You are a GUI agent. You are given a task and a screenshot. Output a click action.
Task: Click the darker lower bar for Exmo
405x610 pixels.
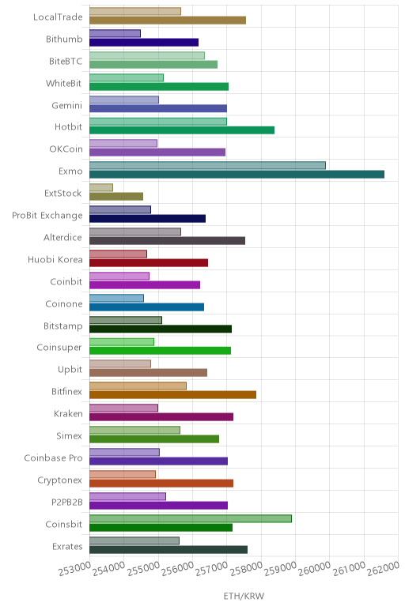coord(237,175)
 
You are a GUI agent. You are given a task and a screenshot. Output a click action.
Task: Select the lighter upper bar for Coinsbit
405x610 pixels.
coord(191,518)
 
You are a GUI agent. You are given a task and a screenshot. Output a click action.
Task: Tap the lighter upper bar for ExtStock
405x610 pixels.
coord(101,187)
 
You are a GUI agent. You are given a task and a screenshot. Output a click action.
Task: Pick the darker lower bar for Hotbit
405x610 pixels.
coord(182,130)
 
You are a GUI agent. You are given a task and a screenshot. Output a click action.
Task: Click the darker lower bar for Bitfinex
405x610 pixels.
coord(173,395)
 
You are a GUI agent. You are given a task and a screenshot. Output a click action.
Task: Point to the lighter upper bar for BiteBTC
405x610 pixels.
coord(147,55)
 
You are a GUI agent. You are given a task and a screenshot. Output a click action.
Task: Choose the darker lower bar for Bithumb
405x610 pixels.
coord(144,43)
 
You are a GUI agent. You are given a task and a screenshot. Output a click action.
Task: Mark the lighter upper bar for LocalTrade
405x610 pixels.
coord(135,11)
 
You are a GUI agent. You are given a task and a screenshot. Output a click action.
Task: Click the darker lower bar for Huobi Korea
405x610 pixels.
coord(149,262)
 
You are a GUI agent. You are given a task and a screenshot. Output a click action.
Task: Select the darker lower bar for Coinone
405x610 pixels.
coord(147,307)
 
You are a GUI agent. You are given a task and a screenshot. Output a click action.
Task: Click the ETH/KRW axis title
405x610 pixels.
coord(244,596)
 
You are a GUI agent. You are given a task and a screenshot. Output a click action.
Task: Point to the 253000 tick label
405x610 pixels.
coord(74,569)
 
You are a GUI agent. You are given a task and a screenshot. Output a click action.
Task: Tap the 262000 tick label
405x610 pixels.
coord(384,568)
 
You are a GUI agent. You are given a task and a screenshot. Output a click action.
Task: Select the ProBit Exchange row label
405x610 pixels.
coord(47,216)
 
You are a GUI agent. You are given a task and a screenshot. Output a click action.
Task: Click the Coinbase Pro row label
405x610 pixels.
coord(53,457)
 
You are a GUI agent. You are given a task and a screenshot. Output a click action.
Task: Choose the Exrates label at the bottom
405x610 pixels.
coord(67,547)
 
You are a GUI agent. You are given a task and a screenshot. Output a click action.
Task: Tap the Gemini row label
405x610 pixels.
coord(67,105)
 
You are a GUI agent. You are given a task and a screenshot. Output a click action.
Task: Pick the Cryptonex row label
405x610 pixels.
coord(60,480)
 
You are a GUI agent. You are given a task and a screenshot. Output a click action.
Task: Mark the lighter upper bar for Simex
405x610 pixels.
coord(134,430)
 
